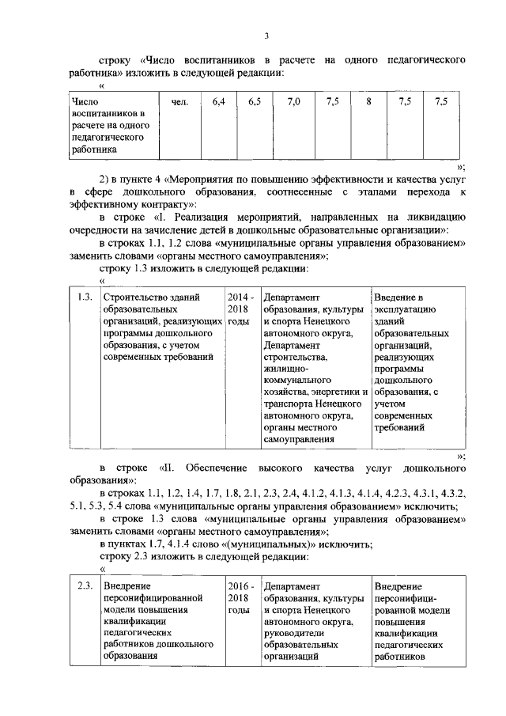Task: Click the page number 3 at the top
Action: pos(267,34)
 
